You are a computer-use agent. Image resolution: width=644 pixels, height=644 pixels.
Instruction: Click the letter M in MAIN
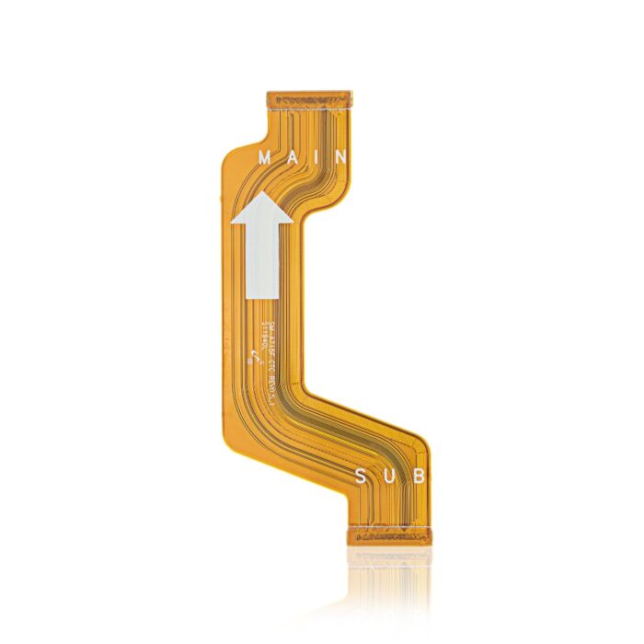pos(266,157)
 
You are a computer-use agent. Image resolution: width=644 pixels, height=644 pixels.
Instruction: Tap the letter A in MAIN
pos(293,157)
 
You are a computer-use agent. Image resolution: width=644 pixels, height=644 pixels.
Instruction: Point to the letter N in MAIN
pos(340,157)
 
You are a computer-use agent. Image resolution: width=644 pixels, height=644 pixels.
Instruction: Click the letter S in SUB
pos(362,477)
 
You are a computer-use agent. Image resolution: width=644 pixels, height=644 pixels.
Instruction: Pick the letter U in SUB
pos(391,477)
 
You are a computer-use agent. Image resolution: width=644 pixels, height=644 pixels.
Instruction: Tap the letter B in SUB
pos(419,477)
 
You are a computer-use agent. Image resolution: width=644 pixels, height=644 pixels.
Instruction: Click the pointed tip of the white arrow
pos(262,193)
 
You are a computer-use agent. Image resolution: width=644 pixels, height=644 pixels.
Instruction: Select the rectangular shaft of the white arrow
pos(261,262)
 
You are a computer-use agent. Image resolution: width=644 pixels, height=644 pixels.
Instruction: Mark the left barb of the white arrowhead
pos(236,222)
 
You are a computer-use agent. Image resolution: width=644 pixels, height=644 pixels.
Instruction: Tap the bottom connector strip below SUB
pos(390,535)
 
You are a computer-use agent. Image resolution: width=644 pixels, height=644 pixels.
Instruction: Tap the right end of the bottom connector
pos(428,535)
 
